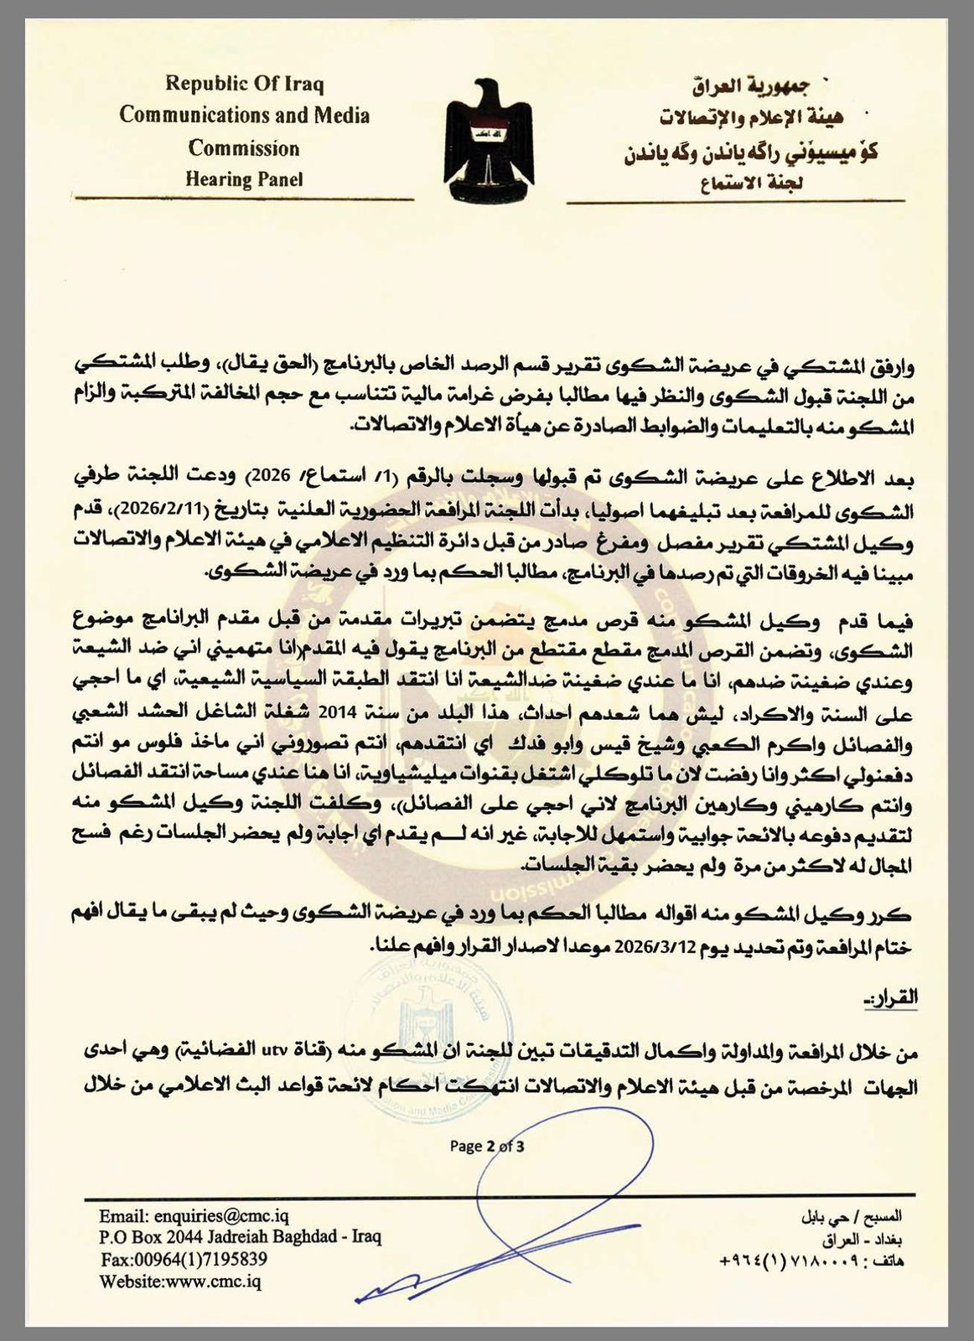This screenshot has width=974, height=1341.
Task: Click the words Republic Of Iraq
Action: click(244, 84)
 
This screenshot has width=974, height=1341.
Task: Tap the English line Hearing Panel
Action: click(244, 179)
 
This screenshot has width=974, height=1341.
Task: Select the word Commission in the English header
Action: click(244, 148)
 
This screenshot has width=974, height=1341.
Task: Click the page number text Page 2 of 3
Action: click(487, 1147)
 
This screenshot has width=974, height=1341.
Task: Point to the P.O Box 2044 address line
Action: click(240, 1238)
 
